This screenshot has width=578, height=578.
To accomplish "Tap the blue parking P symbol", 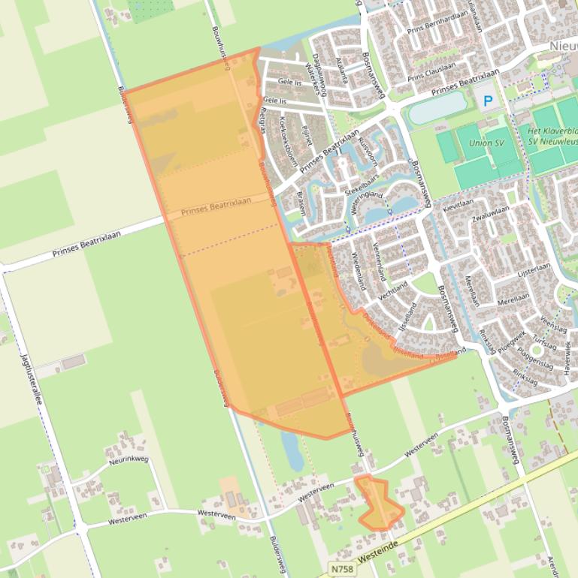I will [x=489, y=100].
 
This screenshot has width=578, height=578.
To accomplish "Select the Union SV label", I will [x=486, y=143].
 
